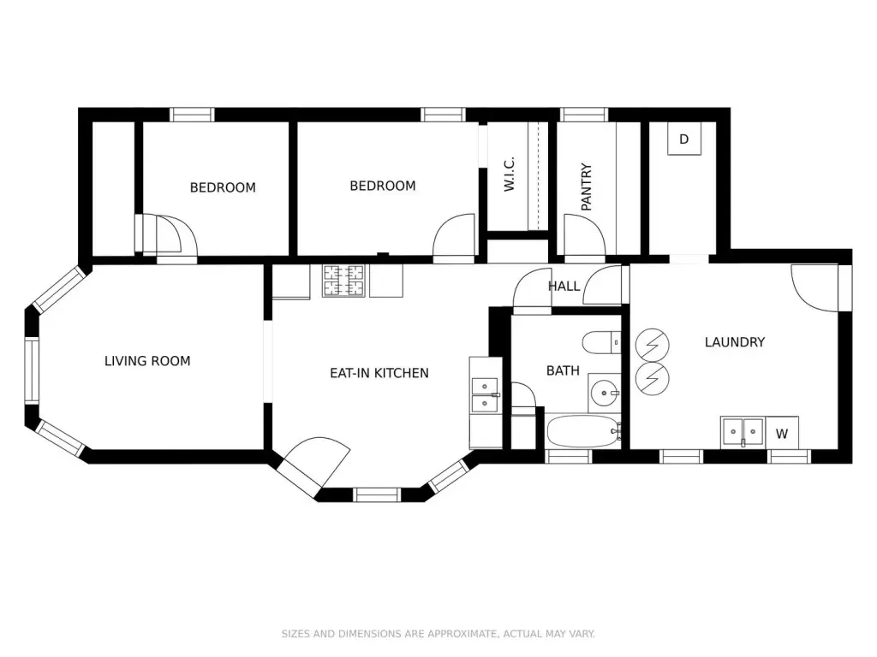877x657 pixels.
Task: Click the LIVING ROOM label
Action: tap(147, 361)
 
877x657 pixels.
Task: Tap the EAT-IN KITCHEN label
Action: tap(379, 373)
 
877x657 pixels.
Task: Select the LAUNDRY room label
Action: tap(734, 342)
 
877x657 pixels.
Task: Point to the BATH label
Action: tap(563, 370)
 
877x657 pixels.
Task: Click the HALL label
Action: tap(564, 286)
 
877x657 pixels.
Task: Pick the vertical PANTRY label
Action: tap(586, 187)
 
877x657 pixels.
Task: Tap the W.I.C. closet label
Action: tap(509, 175)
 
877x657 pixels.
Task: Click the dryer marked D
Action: tap(684, 139)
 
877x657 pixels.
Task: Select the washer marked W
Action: tap(782, 433)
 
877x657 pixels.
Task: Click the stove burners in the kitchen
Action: tap(343, 281)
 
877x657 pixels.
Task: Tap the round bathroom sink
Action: tap(605, 394)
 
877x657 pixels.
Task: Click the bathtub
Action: tap(584, 431)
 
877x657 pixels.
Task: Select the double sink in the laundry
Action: tap(743, 432)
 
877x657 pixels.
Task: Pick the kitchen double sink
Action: tap(485, 395)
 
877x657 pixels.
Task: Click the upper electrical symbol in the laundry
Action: tap(652, 346)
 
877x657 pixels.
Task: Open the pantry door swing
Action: tap(584, 235)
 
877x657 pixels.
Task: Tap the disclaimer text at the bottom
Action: tap(438, 634)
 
